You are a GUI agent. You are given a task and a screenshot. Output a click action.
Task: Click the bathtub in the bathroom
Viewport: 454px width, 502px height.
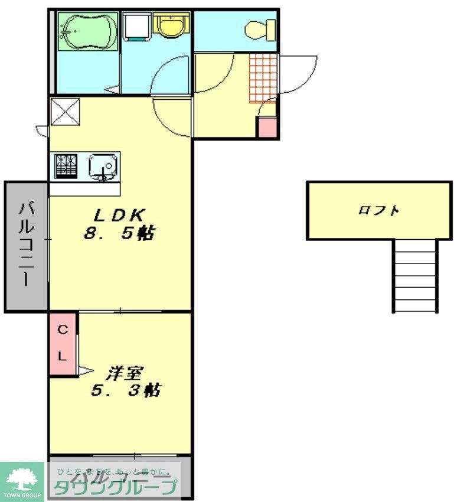coord(87,31)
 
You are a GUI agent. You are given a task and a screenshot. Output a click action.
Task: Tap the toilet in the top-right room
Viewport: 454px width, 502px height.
coord(260,28)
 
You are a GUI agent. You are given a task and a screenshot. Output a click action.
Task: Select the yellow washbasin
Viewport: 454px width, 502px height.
coord(171,25)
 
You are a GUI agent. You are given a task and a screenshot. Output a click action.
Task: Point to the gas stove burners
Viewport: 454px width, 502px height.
coord(66,165)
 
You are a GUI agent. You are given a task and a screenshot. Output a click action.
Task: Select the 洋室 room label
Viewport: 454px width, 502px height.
coord(125,373)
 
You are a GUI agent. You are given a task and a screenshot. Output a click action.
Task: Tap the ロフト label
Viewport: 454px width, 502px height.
coord(378,210)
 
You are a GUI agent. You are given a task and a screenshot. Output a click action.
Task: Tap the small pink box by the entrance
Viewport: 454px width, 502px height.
coord(266,128)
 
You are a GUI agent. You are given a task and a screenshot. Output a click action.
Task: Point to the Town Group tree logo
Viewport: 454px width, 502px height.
coord(22,479)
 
